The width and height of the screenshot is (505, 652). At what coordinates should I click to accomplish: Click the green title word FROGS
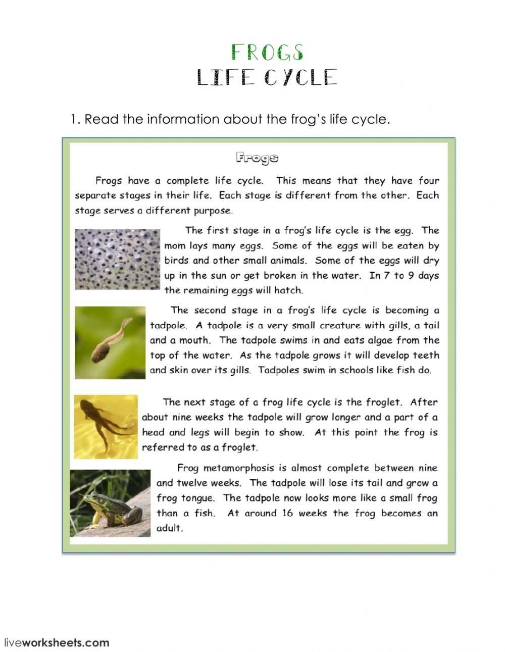(267, 53)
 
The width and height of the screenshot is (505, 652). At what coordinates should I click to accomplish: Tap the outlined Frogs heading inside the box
(257, 159)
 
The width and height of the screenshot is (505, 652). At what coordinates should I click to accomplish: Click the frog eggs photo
(117, 259)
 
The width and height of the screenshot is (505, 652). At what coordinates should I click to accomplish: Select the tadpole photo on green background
(110, 342)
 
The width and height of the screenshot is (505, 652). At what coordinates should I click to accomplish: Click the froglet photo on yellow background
(106, 427)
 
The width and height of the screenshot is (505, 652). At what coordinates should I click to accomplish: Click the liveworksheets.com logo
(57, 643)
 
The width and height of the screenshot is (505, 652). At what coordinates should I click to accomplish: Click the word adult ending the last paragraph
(169, 529)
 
